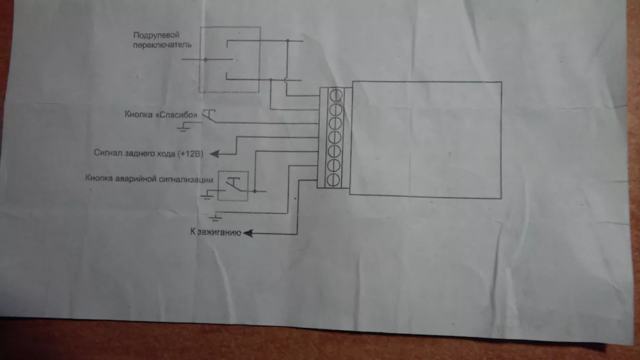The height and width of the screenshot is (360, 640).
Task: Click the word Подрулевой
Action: coord(156,35)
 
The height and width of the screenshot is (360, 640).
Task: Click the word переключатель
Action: coord(162,45)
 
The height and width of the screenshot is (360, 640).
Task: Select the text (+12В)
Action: coord(191,154)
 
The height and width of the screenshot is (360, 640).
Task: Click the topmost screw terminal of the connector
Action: coord(336,95)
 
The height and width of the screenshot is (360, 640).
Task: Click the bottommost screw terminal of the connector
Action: coord(333,180)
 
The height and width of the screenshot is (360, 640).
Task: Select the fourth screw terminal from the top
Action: coord(335,138)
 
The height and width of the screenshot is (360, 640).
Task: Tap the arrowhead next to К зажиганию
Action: coord(248,234)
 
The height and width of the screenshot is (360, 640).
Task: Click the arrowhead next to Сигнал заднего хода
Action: coord(215,154)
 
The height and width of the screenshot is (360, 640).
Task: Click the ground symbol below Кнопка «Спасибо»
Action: coord(183,127)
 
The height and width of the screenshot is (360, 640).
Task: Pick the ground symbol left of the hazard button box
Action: coord(207,196)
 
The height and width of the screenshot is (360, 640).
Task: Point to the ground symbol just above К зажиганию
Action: coord(215,218)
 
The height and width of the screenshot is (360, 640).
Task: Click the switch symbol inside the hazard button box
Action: coord(233,185)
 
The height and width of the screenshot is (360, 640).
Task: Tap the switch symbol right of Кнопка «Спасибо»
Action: coord(209,116)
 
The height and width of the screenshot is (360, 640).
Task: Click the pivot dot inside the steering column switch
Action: coord(206,60)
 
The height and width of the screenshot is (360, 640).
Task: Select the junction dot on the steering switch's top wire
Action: coord(288,41)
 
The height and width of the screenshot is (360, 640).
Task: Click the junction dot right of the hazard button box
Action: coord(255,191)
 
